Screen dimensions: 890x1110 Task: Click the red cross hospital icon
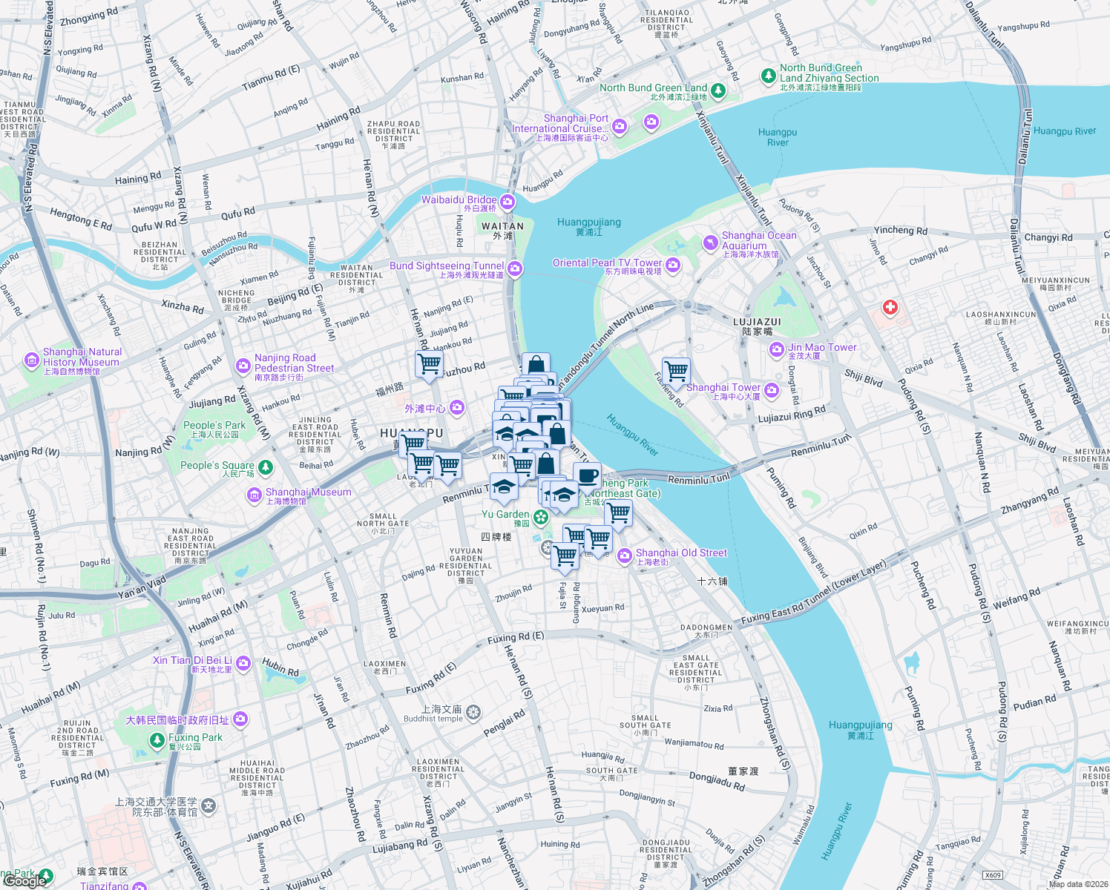tap(890, 307)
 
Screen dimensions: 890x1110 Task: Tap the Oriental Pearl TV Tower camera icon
tap(673, 264)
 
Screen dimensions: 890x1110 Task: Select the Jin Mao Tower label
tap(821, 348)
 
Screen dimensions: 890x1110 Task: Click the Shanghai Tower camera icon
tap(772, 389)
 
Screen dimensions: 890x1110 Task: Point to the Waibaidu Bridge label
tap(459, 200)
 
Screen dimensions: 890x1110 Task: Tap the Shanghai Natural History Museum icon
tap(31, 360)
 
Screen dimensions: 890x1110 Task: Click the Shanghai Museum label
tap(308, 492)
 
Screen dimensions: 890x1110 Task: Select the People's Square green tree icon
tap(266, 467)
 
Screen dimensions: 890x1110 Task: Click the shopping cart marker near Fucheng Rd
tap(676, 371)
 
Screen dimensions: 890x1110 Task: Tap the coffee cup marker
tap(587, 476)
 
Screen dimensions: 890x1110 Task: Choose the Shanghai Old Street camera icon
tap(625, 555)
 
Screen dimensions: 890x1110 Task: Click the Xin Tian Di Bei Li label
tap(192, 661)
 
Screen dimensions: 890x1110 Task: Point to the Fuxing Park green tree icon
tap(157, 740)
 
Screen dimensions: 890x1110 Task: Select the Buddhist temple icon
tap(473, 713)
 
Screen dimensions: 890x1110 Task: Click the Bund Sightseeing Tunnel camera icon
tap(515, 269)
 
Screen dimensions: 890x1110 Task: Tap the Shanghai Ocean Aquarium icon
tap(711, 243)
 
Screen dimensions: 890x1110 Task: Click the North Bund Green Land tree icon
tap(717, 90)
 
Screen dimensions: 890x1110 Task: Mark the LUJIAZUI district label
tap(757, 323)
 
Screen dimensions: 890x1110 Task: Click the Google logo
tap(25, 880)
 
